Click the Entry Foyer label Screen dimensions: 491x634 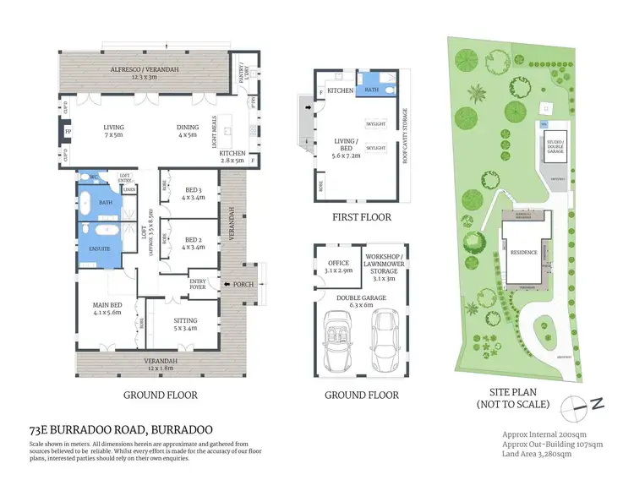pos(198,284)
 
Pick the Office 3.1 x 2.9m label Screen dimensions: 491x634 pos(336,267)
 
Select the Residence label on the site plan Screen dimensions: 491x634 pos(523,252)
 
